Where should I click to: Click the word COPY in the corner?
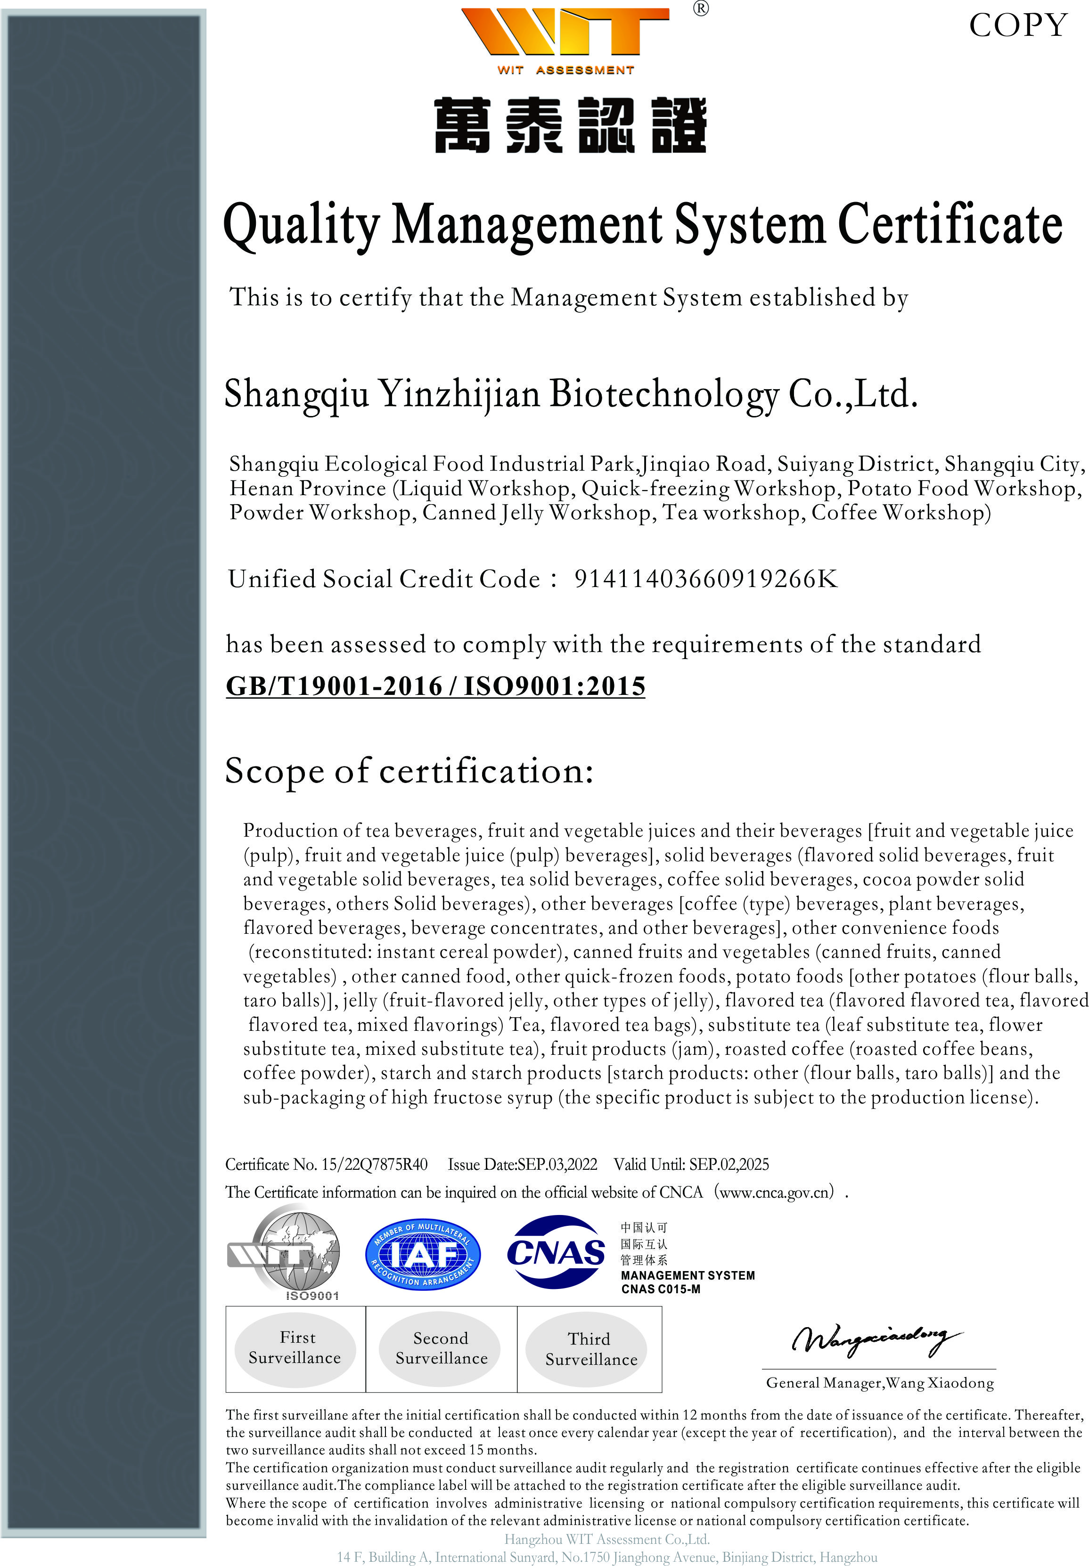[1018, 26]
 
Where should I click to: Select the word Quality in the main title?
[301, 226]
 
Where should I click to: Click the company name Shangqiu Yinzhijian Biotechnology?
[501, 394]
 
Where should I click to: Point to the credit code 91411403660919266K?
[705, 579]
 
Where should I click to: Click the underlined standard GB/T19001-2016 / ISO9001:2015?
[435, 686]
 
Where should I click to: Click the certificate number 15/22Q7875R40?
[375, 1164]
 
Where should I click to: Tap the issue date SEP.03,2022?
[557, 1164]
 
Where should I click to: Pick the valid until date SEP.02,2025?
[729, 1164]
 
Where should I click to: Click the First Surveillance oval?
[295, 1348]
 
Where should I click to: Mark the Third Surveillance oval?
[591, 1349]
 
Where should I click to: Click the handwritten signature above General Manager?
[877, 1339]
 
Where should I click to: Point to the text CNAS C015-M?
[661, 1289]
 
